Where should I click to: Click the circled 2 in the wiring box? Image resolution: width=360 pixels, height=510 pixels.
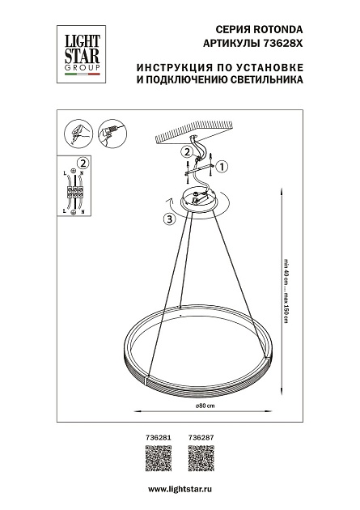82,163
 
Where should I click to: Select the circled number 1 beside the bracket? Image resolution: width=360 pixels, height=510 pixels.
224,167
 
